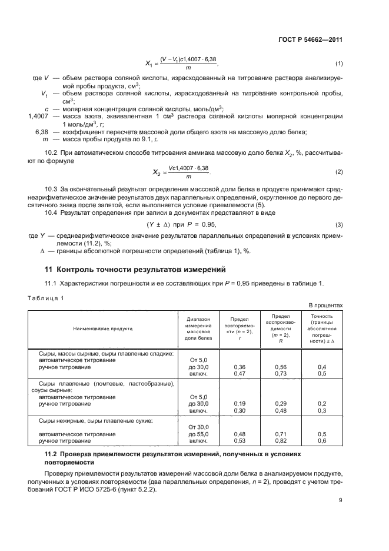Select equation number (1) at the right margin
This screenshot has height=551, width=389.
click(x=339, y=64)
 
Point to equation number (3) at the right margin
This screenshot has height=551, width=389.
click(x=339, y=225)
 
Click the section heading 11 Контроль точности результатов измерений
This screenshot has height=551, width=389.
click(x=136, y=270)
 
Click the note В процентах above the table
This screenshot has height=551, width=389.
click(x=325, y=305)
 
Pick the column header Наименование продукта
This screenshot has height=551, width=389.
click(x=103, y=328)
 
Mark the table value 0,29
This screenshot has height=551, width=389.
click(x=281, y=403)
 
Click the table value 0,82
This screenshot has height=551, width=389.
click(x=281, y=440)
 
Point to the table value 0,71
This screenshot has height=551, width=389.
click(x=281, y=434)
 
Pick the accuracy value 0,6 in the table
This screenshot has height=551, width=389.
click(x=322, y=440)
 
